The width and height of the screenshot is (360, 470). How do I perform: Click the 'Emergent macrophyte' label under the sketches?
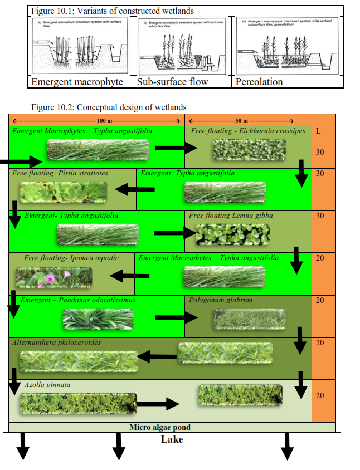pyautogui.click(x=77, y=82)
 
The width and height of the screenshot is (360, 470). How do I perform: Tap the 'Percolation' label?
pyautogui.click(x=259, y=82)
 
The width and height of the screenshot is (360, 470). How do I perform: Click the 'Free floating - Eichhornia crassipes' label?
pyautogui.click(x=248, y=131)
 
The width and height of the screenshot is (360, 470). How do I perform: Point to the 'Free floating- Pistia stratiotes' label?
pyautogui.click(x=60, y=174)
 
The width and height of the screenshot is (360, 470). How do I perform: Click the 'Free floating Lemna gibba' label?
pyautogui.click(x=231, y=216)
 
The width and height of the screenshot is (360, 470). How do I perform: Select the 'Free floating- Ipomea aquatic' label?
pyautogui.click(x=64, y=258)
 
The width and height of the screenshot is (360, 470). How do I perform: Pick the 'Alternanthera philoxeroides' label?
pyautogui.click(x=57, y=342)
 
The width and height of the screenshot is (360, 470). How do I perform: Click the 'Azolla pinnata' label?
pyautogui.click(x=47, y=385)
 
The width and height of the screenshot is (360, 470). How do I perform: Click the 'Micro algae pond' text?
pyautogui.click(x=160, y=428)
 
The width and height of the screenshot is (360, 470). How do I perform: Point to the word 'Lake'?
pyautogui.click(x=172, y=439)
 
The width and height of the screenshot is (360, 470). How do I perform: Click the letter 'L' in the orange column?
pyautogui.click(x=318, y=132)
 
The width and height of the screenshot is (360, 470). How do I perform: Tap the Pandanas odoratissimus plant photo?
pyautogui.click(x=98, y=319)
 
